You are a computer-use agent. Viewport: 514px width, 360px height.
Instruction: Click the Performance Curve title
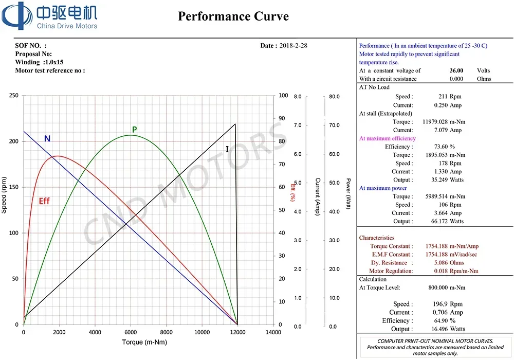coord(233,16)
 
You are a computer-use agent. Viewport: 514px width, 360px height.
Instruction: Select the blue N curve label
coord(47,138)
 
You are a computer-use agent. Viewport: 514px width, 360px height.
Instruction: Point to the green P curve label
coord(134,130)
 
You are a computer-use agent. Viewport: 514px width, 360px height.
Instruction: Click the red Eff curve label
coord(45,201)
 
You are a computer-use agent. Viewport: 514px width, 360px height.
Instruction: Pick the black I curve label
coord(227,149)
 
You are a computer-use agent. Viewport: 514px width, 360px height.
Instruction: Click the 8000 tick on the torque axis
coord(166,333)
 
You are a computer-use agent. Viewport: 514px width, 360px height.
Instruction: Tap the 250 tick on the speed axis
coord(14,96)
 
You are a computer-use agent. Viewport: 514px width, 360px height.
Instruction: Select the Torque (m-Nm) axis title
coord(144,342)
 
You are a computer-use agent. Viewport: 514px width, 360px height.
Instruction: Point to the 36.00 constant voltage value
coord(456,70)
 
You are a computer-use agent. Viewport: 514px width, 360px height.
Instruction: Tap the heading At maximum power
coord(382,188)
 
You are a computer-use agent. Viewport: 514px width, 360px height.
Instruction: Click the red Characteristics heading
coord(377,238)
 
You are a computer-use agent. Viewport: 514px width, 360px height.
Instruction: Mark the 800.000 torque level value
coord(438,288)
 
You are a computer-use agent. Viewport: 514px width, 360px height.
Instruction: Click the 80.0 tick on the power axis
coord(335,97)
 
